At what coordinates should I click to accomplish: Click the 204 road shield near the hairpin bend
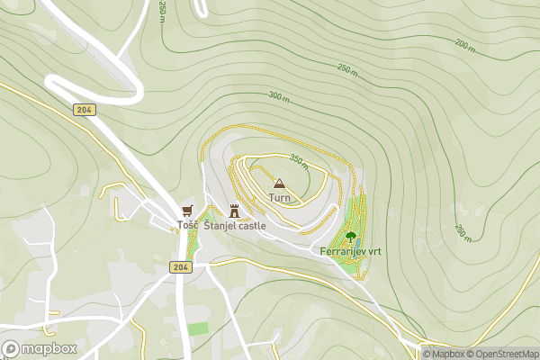pos(85,108)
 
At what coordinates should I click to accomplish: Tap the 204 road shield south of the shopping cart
pos(180,267)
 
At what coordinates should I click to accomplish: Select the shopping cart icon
pos(187,211)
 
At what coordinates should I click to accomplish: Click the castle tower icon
pos(235,211)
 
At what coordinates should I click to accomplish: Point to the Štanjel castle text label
pos(235,226)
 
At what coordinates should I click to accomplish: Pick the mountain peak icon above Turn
pos(278,183)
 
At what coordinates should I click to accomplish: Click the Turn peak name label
pos(280,197)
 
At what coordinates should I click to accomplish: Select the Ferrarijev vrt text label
pos(351,253)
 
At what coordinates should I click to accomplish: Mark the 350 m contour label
pos(299,161)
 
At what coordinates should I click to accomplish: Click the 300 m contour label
pos(279,96)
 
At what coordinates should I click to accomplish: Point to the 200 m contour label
pos(464,44)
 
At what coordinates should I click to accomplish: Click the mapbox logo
pos(38,348)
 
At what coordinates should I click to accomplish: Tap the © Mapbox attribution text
pos(447,354)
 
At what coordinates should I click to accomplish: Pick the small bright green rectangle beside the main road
pos(198,328)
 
